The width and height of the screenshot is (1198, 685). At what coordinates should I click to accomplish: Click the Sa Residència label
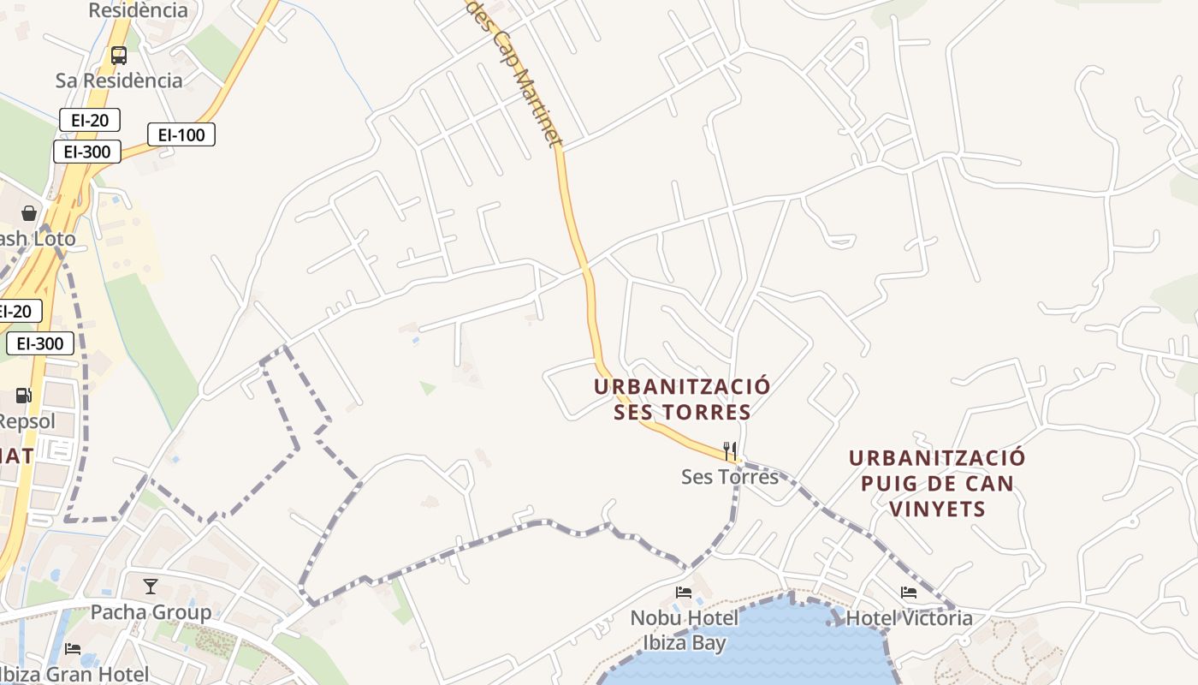coord(119,80)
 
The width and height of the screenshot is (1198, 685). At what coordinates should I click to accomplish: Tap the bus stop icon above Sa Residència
coord(119,56)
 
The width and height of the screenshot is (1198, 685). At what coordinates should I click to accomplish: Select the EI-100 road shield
coord(181,134)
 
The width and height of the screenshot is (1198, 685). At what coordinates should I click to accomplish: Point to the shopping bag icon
coord(29,212)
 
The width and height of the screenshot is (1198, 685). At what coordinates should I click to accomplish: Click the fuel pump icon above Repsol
coord(24,396)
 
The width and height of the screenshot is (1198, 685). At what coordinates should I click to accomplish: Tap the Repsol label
coord(27,421)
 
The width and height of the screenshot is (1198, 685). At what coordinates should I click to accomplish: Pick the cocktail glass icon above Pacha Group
coord(151,587)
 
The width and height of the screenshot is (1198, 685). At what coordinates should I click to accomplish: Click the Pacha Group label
coord(151,612)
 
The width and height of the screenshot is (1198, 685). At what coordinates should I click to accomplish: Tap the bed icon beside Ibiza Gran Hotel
coord(73,649)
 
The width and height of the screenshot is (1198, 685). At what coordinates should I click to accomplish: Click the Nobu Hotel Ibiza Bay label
coord(684,630)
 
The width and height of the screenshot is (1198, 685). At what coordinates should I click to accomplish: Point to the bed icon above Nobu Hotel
coord(684,592)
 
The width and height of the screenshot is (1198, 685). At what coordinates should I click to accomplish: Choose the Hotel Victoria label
coord(909,617)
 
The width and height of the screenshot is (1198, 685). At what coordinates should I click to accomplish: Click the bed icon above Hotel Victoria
coord(909,592)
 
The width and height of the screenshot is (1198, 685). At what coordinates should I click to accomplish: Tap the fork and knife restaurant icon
coord(730,450)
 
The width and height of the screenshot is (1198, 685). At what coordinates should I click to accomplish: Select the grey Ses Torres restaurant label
coord(730,476)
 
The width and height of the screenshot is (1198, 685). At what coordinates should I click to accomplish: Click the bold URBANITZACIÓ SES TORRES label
coord(682,399)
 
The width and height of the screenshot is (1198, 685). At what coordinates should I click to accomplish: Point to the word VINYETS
coord(937,509)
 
